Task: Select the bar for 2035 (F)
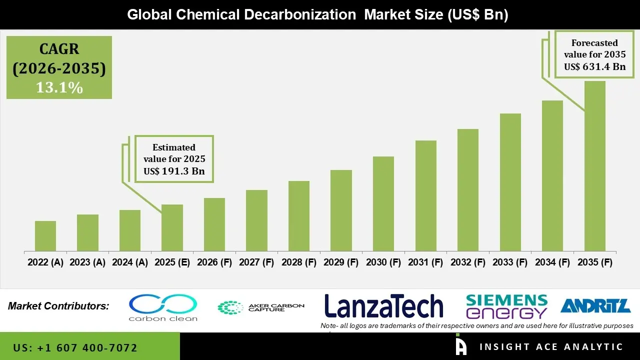[x=594, y=166]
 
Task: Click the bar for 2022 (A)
[x=45, y=236]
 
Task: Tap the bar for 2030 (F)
[x=383, y=203]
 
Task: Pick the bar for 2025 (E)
[x=172, y=227]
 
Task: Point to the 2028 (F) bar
[x=298, y=216]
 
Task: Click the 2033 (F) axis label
[x=510, y=262]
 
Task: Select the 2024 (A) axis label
[x=130, y=262]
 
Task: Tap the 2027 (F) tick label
[x=256, y=262]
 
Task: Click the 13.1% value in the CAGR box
[x=59, y=87]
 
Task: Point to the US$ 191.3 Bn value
[x=174, y=171]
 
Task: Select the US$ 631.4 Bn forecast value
[x=594, y=66]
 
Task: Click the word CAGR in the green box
[x=59, y=49]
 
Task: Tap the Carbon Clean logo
[x=163, y=307]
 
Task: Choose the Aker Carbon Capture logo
[x=260, y=307]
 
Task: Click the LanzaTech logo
[x=383, y=306]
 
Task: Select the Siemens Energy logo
[x=506, y=306]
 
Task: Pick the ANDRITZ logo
[x=595, y=305]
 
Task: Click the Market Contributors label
[x=58, y=306]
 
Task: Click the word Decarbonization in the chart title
[x=299, y=14]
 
